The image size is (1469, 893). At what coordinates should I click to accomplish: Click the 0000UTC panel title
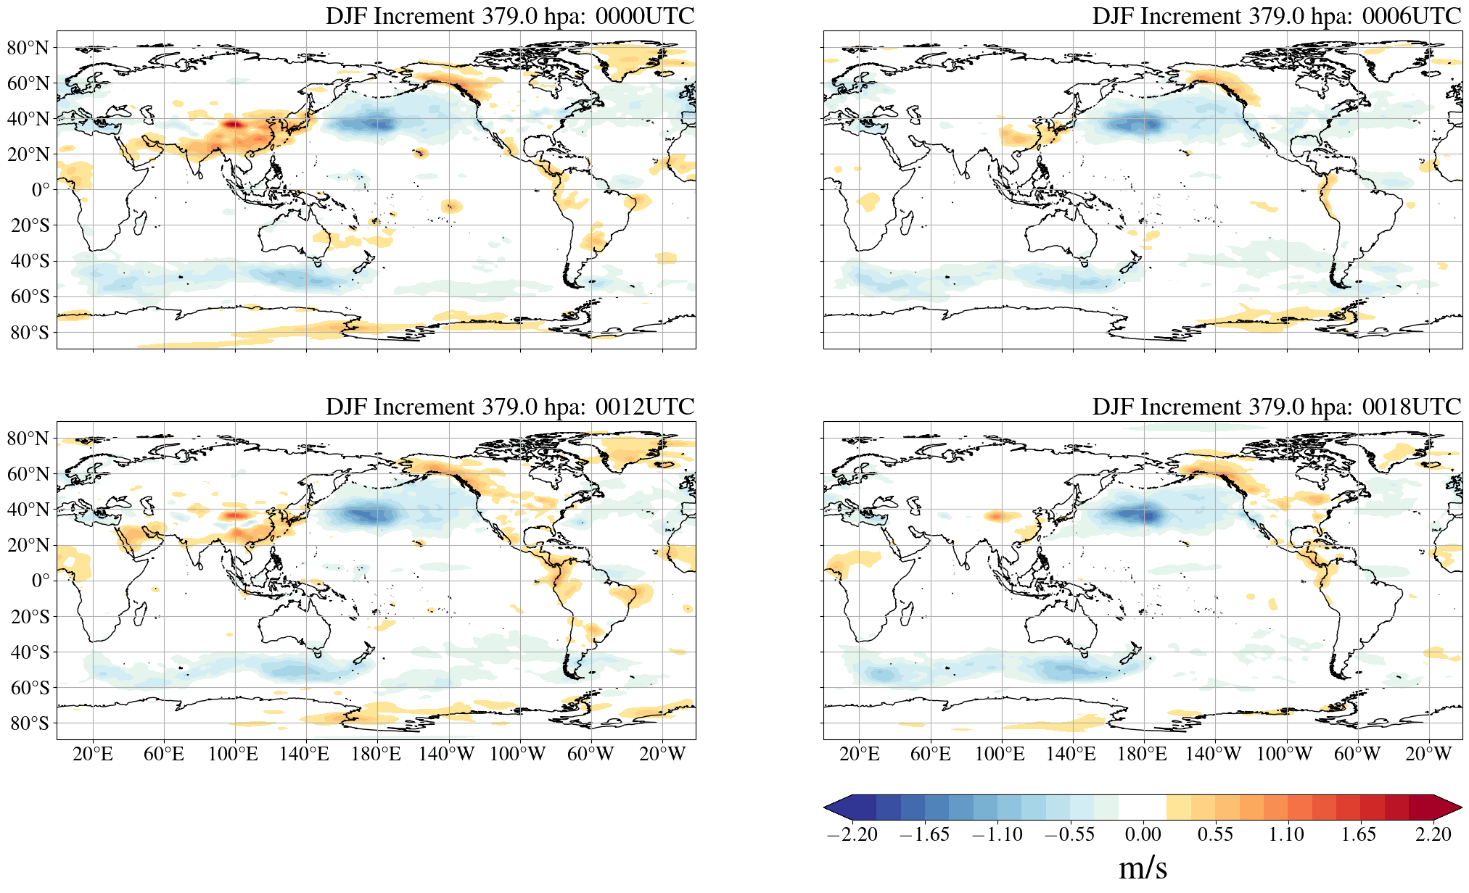[510, 16]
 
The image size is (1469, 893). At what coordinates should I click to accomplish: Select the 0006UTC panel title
[1276, 16]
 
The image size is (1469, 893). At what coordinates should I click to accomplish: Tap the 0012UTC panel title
[510, 407]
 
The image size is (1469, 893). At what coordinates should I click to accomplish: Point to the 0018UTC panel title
[1276, 407]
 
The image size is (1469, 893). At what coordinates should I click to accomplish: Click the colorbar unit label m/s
[1143, 868]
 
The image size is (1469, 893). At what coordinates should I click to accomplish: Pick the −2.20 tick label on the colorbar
[852, 834]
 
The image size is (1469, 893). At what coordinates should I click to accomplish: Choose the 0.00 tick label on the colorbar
[1143, 834]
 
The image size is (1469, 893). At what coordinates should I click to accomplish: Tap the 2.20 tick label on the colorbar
[1433, 834]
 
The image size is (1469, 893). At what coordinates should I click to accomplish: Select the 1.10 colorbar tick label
[1286, 834]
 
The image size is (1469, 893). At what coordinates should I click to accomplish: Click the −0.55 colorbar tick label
[1069, 834]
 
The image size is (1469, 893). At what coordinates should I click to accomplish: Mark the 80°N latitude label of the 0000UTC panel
[28, 48]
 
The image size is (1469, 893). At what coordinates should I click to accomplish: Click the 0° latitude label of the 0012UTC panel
[41, 581]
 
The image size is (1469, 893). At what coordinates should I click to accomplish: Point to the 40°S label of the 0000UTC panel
[30, 261]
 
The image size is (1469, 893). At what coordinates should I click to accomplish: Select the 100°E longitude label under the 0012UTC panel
[233, 755]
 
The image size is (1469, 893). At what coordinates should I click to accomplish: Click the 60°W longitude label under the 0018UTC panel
[1357, 755]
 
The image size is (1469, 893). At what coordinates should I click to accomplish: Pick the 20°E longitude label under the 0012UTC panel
[93, 755]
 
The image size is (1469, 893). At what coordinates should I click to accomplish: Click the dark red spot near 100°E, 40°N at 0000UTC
[233, 125]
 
